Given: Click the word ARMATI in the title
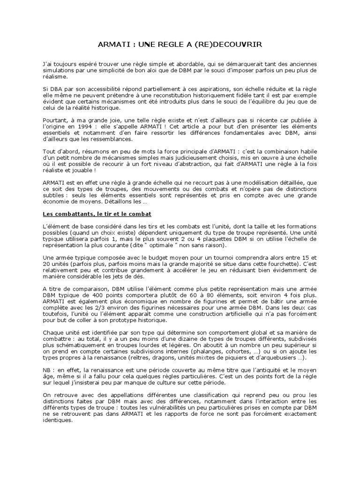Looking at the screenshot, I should tap(112, 44).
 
